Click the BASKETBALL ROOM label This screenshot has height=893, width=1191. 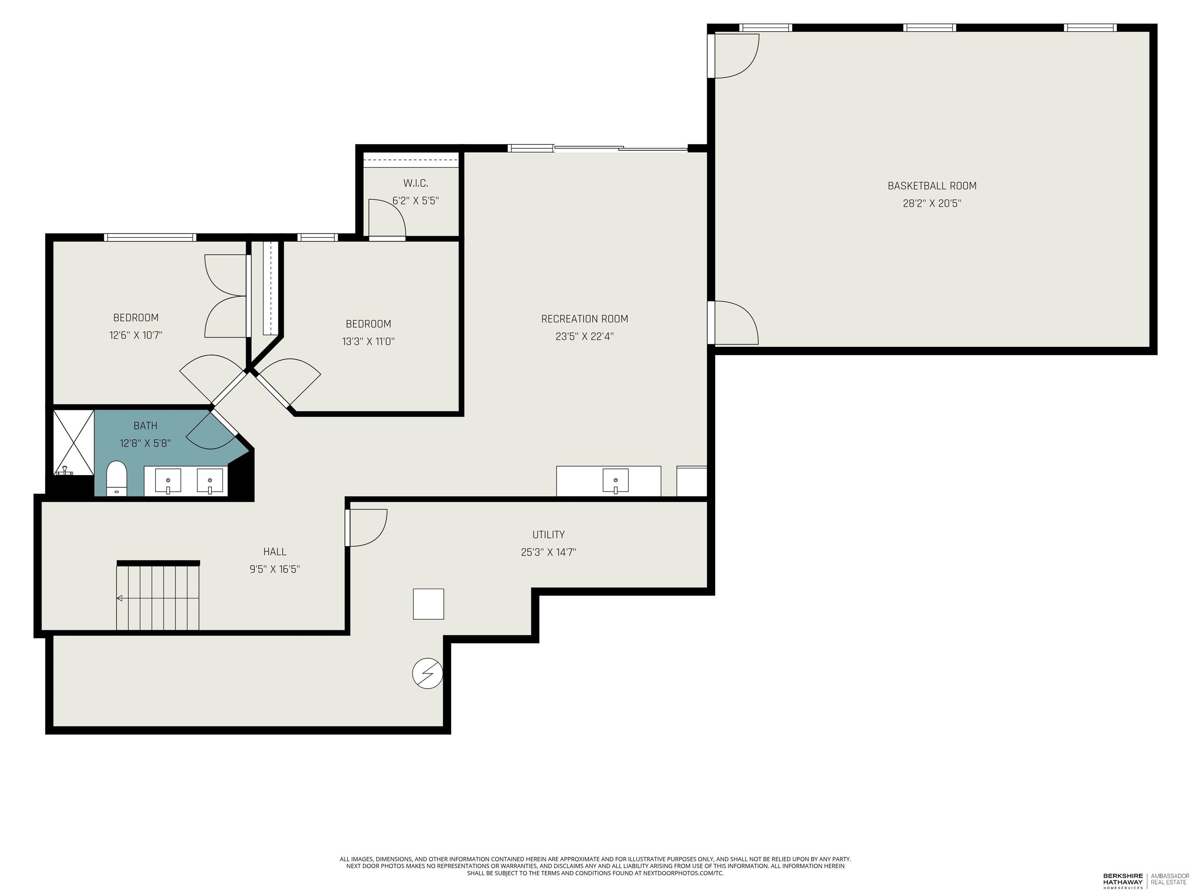[x=932, y=186]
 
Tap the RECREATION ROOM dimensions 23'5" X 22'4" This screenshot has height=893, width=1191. [x=585, y=336]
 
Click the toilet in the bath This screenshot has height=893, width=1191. [x=116, y=478]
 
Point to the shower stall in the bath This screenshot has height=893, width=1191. [x=74, y=443]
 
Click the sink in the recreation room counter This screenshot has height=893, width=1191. [x=615, y=481]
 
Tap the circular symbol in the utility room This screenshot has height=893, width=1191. [x=428, y=673]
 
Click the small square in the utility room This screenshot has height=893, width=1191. [x=428, y=604]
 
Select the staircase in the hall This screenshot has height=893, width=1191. [x=158, y=595]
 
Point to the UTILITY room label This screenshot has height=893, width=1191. [x=549, y=534]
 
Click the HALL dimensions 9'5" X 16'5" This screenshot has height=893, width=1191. [x=274, y=569]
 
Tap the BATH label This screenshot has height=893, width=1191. [x=145, y=426]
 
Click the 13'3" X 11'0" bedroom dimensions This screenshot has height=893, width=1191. [x=368, y=341]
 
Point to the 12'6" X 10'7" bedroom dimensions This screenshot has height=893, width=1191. [x=136, y=335]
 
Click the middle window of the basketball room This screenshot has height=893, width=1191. [x=930, y=28]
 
